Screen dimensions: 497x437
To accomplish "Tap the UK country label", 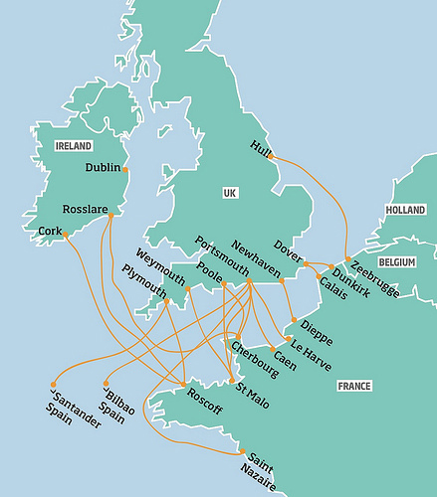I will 230,191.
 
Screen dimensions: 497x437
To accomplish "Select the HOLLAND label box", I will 404,211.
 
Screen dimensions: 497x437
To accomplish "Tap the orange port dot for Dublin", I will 125,169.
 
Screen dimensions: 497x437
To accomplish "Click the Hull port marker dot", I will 271,156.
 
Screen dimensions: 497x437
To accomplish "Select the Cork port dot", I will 66,236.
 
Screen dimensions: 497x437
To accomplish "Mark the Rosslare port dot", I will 109,216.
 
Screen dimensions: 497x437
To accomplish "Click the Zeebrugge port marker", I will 347,260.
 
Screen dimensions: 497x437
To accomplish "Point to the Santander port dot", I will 52,385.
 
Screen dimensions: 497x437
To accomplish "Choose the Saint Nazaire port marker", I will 241,453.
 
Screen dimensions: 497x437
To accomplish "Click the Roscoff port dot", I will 184,385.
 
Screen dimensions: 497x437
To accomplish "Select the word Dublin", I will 102,169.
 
